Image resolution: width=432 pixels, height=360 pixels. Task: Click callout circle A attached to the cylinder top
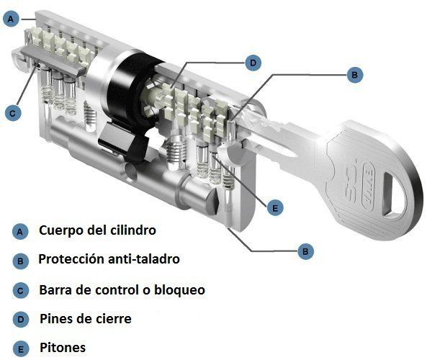click(11, 19)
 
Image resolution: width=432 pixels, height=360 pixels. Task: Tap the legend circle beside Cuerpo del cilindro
click(20, 232)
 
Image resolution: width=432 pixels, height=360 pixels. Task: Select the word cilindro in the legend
click(133, 230)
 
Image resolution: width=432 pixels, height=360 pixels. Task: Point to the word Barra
click(54, 289)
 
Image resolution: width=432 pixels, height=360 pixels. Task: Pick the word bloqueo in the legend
click(179, 289)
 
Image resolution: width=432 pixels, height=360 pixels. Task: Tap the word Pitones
click(63, 347)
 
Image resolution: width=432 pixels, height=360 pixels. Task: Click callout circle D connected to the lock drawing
click(253, 63)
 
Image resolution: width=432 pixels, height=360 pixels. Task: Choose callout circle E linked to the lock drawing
click(275, 207)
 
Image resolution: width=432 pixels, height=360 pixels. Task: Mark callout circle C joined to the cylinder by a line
click(13, 113)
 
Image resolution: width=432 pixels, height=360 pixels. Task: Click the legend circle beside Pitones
click(20, 349)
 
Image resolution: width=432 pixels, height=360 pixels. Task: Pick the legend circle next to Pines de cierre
click(20, 320)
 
